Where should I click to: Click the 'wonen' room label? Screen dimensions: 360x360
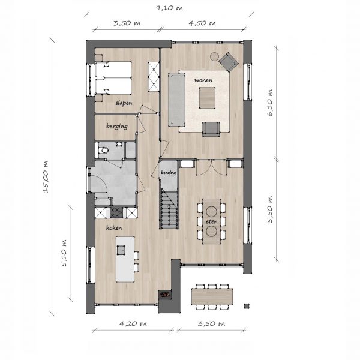point(203,80)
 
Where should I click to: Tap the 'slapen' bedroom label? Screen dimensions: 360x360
point(124,103)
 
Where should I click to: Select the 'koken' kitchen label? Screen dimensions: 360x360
point(114,227)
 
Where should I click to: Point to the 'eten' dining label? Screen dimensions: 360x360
point(212,221)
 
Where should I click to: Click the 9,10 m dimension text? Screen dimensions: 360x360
point(169,8)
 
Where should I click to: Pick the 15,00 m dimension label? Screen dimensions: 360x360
point(46,176)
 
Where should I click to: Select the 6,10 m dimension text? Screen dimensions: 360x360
point(270,103)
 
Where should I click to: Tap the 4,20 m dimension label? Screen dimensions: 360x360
point(133,323)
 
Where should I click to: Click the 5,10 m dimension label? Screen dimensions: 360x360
point(64,253)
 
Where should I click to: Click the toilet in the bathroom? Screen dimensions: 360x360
point(102,151)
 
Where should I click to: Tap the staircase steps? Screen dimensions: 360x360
point(169,209)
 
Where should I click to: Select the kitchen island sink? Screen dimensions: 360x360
point(121,250)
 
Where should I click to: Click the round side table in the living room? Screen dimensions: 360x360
point(215,56)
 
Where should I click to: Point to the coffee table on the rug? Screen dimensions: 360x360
point(207,98)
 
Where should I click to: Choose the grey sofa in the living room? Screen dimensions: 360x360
point(176,100)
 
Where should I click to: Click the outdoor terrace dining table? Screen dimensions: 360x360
point(212,296)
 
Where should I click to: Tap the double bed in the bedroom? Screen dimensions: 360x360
point(113,78)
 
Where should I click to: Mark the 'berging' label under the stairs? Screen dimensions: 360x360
point(169,172)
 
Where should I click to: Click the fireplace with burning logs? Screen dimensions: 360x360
point(165,295)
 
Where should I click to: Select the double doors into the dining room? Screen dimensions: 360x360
point(211,167)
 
